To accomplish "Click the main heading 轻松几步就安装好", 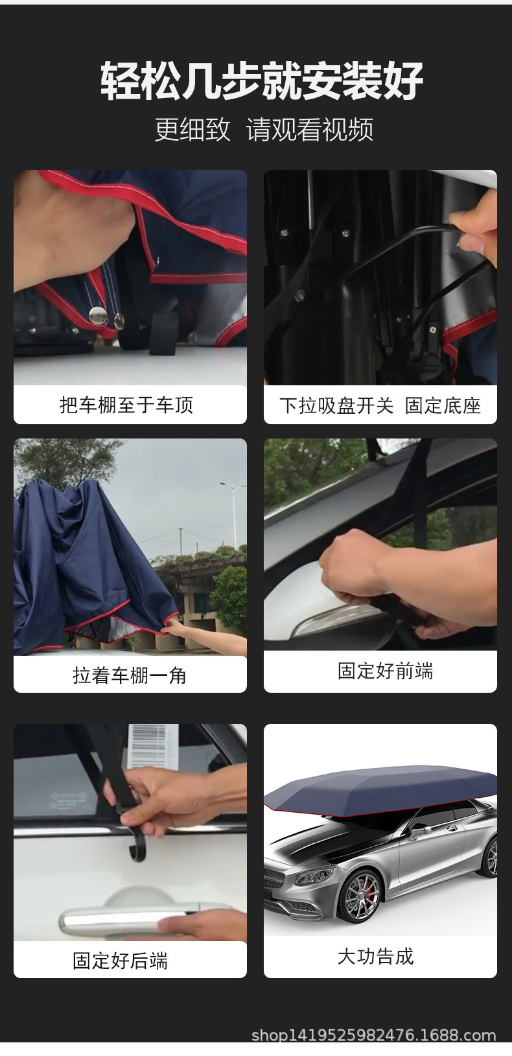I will (262, 81).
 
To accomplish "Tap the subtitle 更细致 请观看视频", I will (264, 130).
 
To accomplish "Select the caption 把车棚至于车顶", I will (126, 405).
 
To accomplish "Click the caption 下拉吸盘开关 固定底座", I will (380, 406).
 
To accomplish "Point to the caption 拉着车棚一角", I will (130, 675).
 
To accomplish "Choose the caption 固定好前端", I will (385, 671).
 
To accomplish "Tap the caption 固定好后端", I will (120, 961).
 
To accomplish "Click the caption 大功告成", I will (375, 956).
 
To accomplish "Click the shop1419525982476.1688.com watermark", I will (373, 1035).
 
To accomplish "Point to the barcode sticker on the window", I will (153, 747).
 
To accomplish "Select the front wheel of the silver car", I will (362, 896).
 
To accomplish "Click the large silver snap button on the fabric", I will (98, 315).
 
